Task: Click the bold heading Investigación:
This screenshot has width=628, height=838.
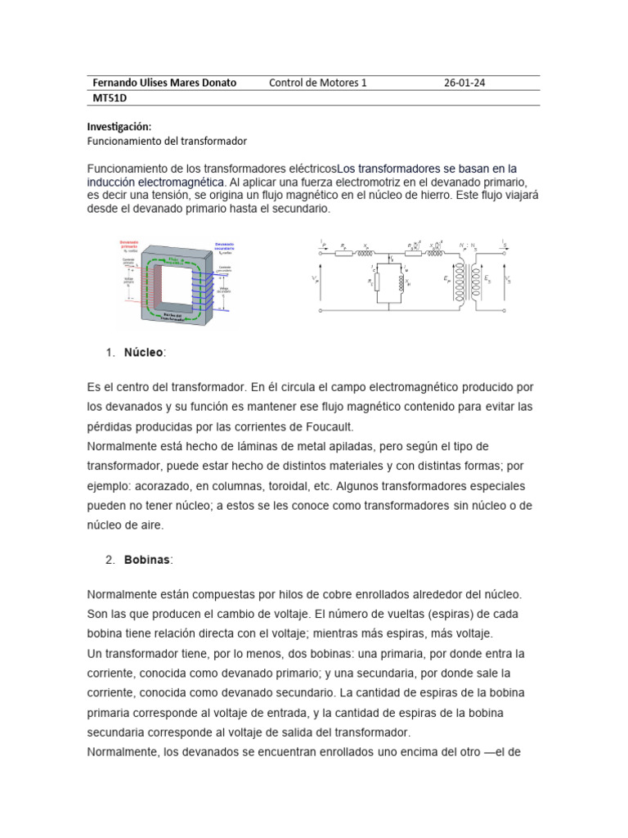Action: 119,127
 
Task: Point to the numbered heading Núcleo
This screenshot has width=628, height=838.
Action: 144,352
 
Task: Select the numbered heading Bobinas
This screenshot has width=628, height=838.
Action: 147,560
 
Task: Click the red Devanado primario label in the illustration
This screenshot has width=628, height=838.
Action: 129,244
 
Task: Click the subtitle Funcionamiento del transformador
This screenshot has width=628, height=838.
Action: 167,141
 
